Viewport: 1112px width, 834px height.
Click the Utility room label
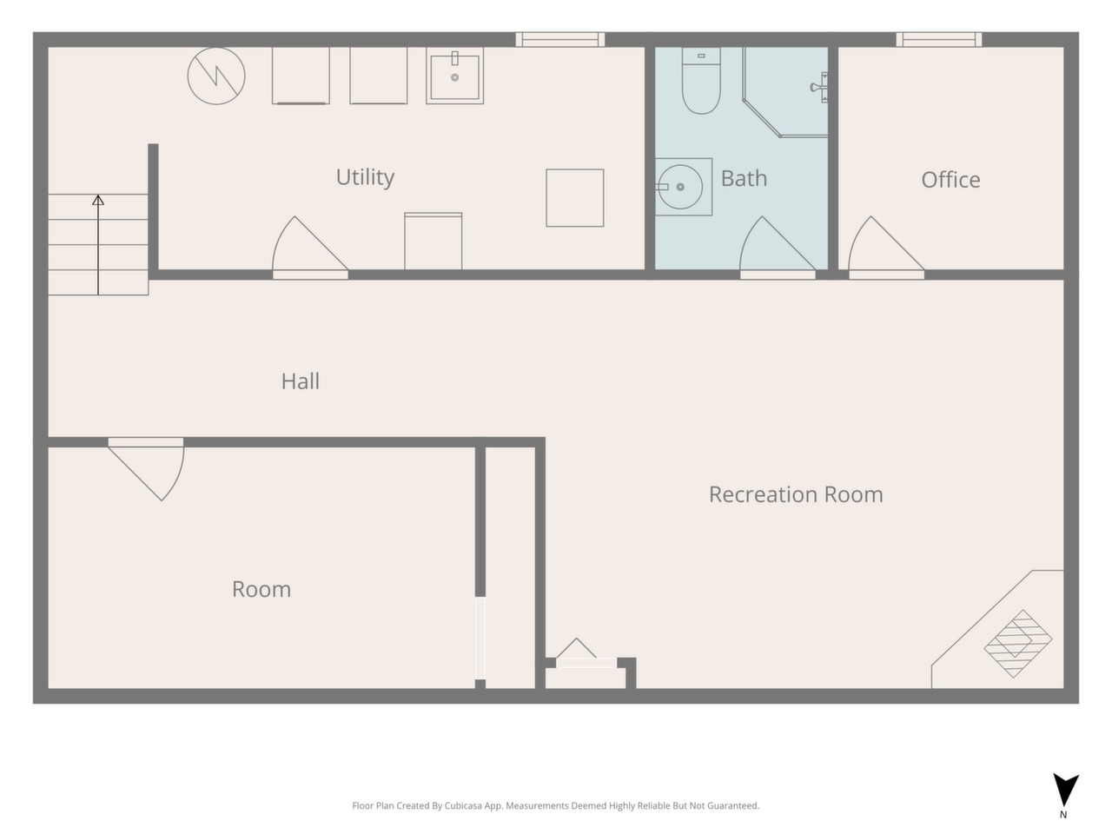tap(365, 177)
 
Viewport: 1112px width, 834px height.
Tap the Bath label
tap(744, 178)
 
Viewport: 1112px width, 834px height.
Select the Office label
tap(950, 180)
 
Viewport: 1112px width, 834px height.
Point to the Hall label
tap(301, 381)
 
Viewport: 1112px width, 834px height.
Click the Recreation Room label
tap(796, 494)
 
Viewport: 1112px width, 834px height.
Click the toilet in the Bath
tap(701, 81)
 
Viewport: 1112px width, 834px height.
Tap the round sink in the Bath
tap(680, 187)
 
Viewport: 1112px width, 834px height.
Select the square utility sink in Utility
tap(455, 76)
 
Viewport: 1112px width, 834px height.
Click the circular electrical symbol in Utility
tap(216, 76)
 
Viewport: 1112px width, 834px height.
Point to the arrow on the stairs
tap(98, 245)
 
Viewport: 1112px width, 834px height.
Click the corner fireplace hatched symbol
tap(1018, 644)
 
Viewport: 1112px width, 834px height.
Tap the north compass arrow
tap(1065, 793)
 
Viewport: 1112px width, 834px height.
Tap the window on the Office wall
tap(939, 39)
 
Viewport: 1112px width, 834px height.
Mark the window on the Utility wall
tap(559, 39)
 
